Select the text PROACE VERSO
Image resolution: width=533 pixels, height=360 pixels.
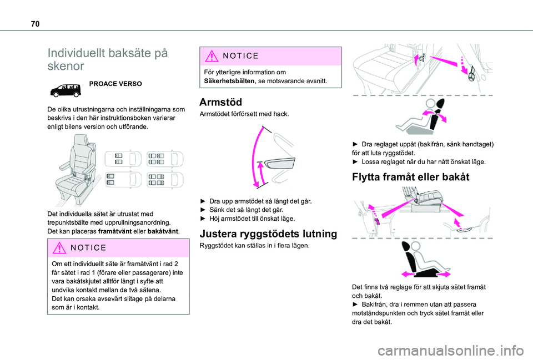(x=115, y=84)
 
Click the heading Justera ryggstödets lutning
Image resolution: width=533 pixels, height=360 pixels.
(x=269, y=233)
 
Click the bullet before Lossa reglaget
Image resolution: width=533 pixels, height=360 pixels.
(x=355, y=162)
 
